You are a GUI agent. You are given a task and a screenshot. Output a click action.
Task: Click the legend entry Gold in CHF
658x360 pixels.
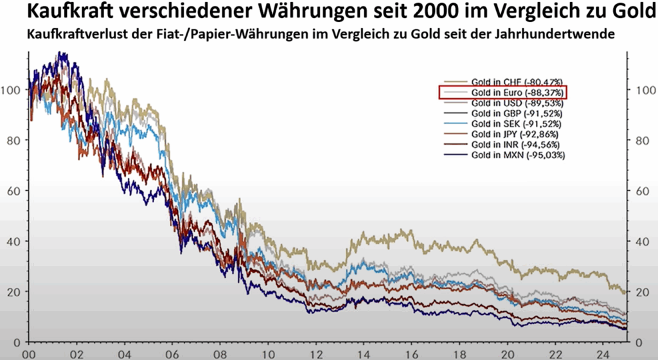coord(517,82)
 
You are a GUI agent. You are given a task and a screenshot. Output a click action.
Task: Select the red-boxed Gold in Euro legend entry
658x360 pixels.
coord(517,93)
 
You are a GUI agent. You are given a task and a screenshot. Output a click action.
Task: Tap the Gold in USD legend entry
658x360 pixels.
coord(517,103)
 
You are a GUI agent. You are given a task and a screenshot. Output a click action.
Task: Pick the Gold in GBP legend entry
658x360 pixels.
coord(517,113)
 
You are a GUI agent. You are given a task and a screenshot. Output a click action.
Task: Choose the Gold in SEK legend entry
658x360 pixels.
coord(517,123)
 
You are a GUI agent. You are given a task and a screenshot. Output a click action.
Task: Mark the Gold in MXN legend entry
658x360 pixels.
coord(517,155)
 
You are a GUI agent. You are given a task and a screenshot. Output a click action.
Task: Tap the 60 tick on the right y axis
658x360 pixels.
coord(642,191)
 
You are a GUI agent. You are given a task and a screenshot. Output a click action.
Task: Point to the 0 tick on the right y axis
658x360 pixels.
coord(639,342)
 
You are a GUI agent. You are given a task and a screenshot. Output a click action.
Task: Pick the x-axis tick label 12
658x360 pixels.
coord(315,353)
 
